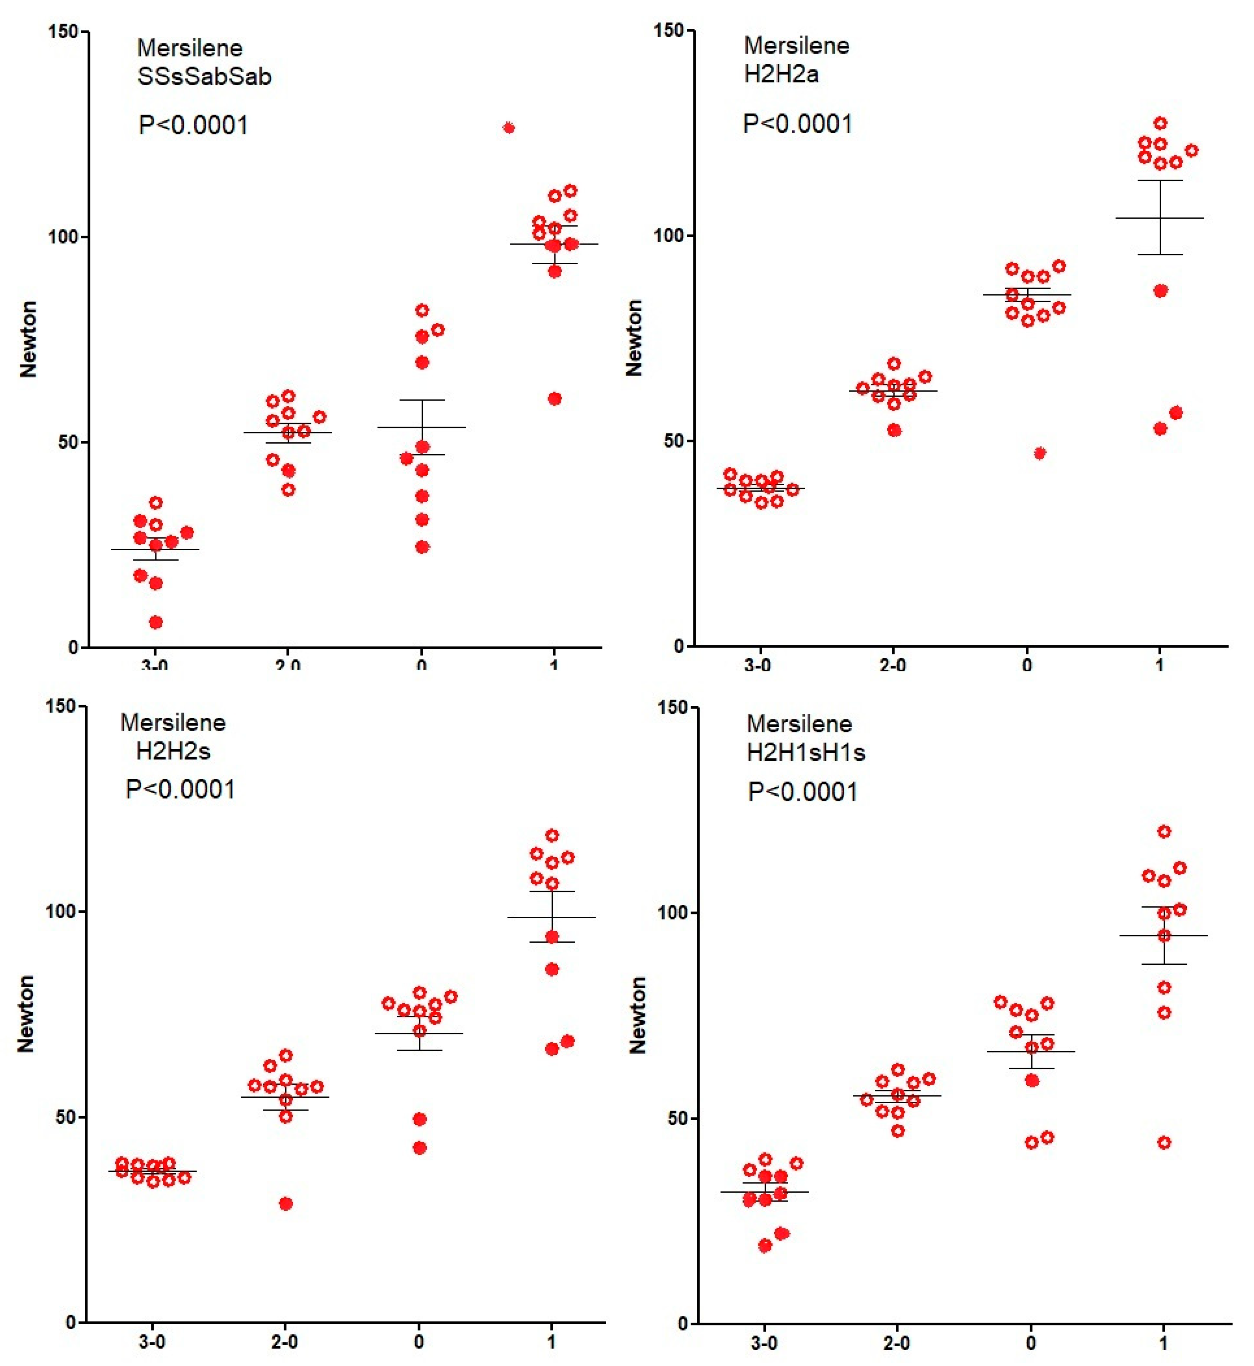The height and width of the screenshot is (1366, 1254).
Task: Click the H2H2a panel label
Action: coord(781,74)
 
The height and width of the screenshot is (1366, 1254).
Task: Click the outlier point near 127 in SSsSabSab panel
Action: coord(509,128)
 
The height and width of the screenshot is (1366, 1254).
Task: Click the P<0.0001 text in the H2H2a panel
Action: coord(797,124)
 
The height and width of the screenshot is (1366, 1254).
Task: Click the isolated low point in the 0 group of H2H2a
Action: coord(1040,453)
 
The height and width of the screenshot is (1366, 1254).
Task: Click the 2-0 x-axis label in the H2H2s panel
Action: coord(284,1342)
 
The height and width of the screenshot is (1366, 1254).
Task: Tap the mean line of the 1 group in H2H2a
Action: coord(1160,218)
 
